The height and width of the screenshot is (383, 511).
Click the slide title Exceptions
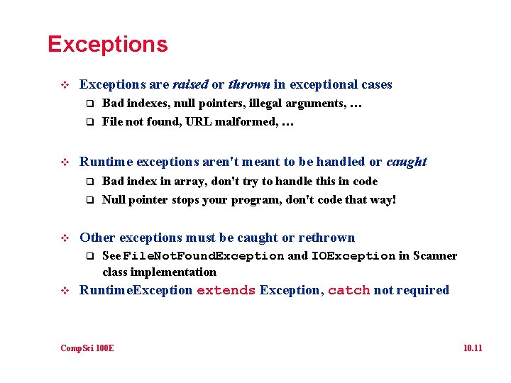[x=107, y=44]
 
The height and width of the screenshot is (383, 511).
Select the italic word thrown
[x=248, y=84]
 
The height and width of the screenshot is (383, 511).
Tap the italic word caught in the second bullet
[x=406, y=162]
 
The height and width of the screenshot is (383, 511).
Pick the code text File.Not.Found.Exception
[x=204, y=256]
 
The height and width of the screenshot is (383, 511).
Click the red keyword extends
[x=226, y=290]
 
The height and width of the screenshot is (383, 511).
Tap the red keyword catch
[x=348, y=290]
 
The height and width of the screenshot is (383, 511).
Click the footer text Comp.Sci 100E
[x=87, y=348]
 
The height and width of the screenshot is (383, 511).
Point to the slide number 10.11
[x=472, y=348]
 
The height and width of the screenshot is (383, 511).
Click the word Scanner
[x=435, y=256]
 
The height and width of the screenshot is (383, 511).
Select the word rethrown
[x=326, y=238]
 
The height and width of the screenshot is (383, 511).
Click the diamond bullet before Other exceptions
[x=65, y=238]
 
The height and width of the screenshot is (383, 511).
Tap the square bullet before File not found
[x=90, y=121]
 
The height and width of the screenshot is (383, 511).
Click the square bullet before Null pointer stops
[x=90, y=200]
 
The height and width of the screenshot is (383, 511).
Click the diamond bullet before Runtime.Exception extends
[x=65, y=290]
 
